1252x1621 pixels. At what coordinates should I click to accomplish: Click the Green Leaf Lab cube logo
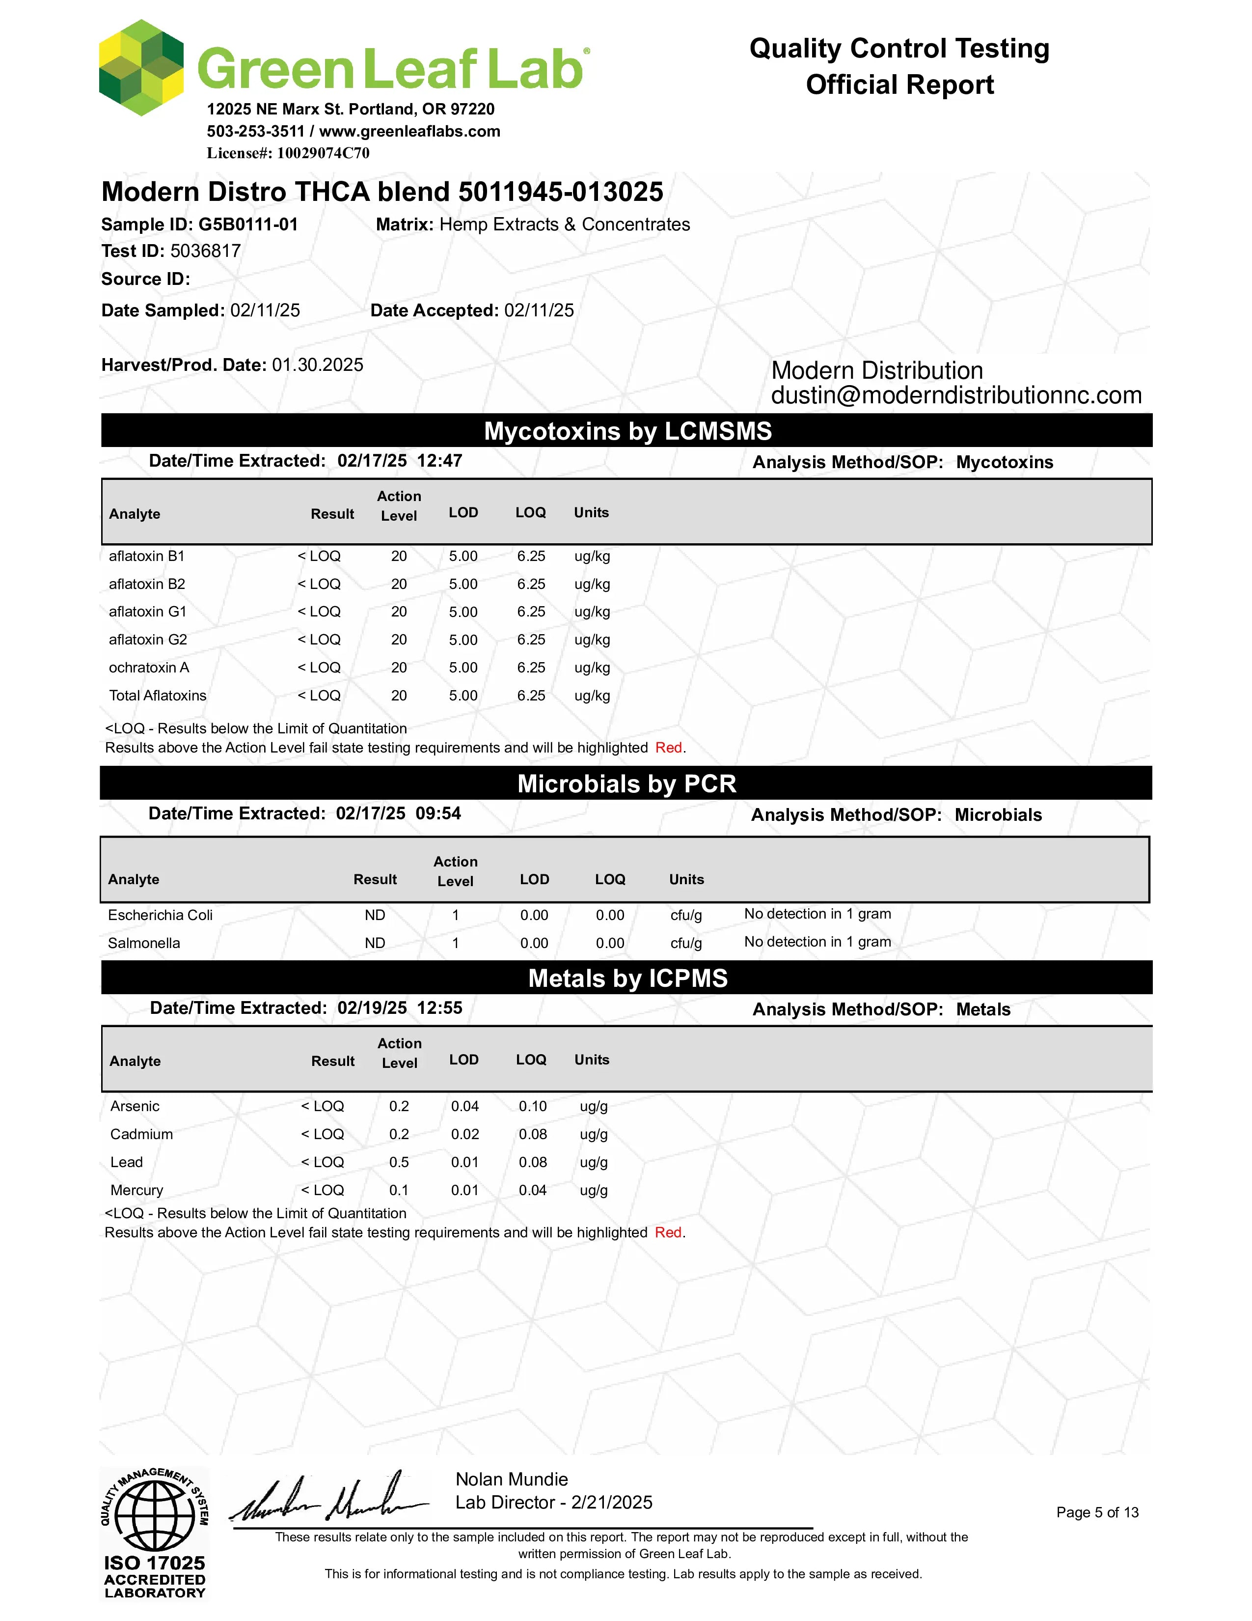(141, 68)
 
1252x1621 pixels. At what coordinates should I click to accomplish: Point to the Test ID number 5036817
(205, 251)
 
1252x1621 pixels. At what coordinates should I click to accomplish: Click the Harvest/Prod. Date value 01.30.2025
(318, 365)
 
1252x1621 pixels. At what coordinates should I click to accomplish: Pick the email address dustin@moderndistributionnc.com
(956, 395)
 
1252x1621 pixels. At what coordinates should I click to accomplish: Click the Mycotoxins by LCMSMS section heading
(627, 431)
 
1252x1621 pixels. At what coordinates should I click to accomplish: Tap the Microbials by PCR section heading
(627, 784)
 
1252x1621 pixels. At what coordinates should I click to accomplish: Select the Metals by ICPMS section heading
(627, 978)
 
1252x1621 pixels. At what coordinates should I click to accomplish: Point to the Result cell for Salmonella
(375, 943)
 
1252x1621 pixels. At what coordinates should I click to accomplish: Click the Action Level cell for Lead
(399, 1162)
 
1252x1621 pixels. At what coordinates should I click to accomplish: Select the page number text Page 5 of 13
(1097, 1512)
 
